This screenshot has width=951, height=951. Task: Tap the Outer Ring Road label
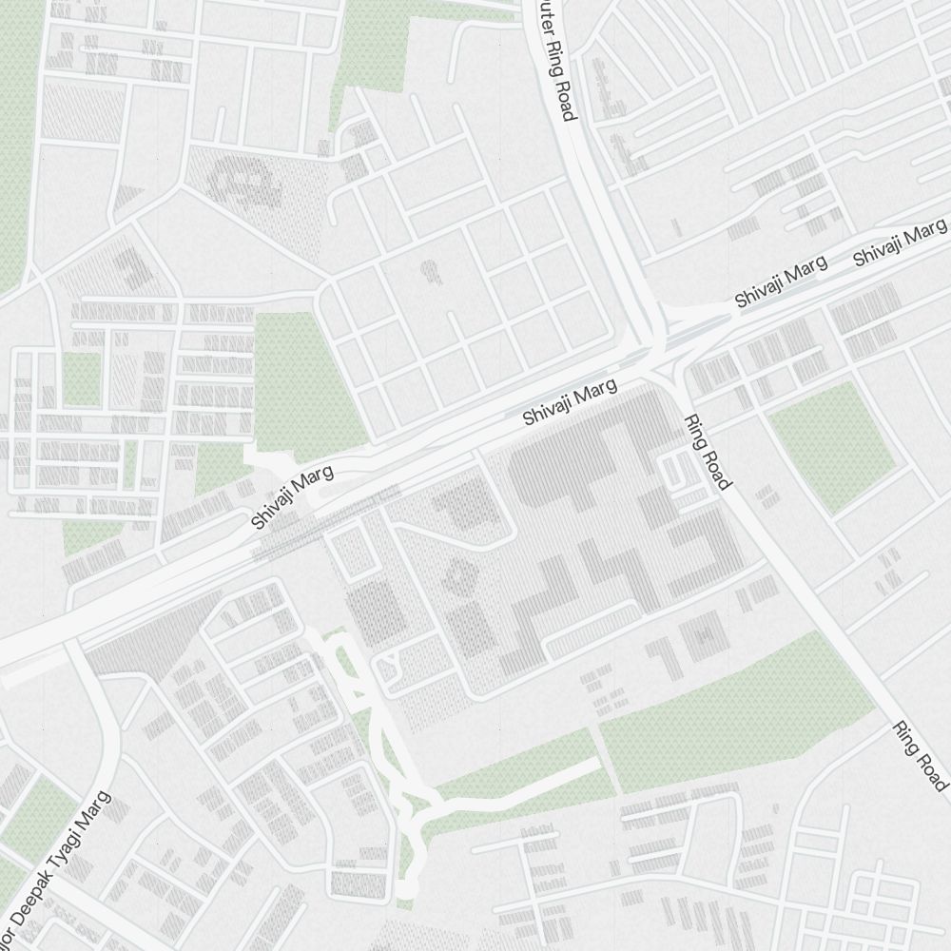click(x=555, y=59)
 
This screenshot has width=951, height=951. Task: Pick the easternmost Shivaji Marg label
click(x=900, y=242)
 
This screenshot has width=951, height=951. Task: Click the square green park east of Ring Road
click(x=831, y=447)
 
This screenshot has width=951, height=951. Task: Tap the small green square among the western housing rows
click(x=82, y=378)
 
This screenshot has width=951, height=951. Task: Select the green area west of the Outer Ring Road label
click(x=371, y=52)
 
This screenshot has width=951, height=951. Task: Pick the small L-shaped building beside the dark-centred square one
click(x=661, y=656)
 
